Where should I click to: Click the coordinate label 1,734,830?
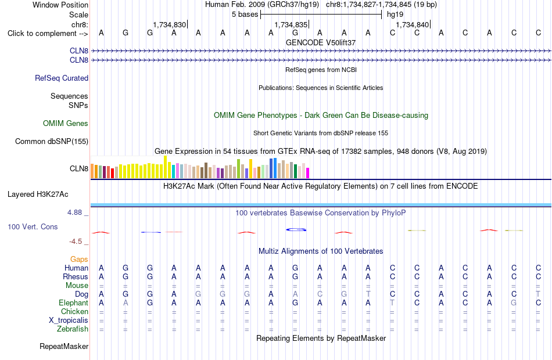click(169, 24)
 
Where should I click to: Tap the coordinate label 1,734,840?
click(412, 24)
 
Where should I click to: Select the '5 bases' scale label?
click(245, 15)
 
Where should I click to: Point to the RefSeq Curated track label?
click(62, 78)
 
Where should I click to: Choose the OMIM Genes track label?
click(66, 123)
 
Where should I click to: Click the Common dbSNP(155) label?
click(52, 142)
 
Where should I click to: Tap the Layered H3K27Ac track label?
click(38, 195)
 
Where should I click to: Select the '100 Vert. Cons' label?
click(33, 226)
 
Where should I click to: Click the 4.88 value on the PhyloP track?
click(74, 212)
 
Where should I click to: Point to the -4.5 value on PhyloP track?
click(76, 242)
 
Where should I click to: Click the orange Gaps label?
click(79, 260)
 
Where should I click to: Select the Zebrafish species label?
click(73, 329)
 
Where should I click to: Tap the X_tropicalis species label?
click(69, 321)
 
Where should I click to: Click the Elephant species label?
click(74, 303)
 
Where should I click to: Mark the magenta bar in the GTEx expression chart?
click(307, 173)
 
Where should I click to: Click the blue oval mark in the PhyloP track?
click(296, 230)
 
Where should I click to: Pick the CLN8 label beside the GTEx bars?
click(79, 168)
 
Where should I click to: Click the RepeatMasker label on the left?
click(64, 346)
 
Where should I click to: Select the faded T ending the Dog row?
click(538, 294)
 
